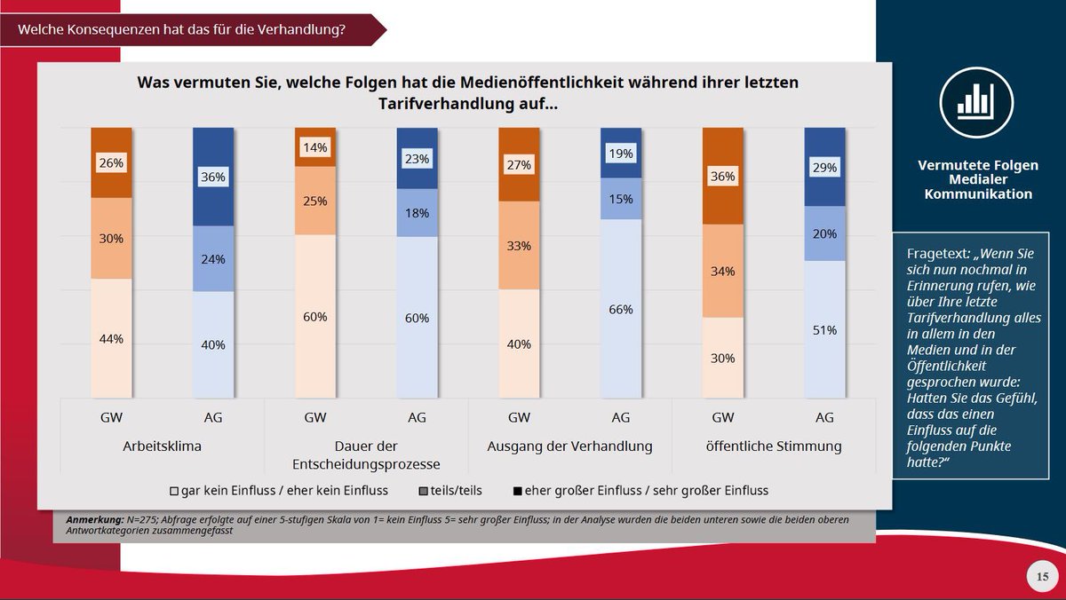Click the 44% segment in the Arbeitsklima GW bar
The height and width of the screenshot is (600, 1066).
click(111, 339)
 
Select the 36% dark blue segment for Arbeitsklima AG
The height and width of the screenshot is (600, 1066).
click(213, 178)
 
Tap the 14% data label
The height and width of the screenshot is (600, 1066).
click(315, 147)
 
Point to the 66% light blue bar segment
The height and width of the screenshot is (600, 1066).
click(621, 309)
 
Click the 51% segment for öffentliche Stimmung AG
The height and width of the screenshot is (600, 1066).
click(824, 330)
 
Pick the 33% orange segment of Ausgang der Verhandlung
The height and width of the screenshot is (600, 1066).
click(519, 246)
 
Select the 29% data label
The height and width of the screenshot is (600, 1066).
click(824, 168)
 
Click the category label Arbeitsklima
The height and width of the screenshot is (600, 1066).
click(162, 446)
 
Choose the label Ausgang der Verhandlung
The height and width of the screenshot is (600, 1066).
click(569, 446)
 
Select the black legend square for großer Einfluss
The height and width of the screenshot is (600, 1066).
click(515, 490)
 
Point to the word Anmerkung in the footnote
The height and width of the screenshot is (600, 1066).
click(94, 519)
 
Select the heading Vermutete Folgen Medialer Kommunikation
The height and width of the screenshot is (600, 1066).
click(977, 179)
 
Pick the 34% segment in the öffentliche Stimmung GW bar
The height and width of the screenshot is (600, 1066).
click(722, 271)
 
